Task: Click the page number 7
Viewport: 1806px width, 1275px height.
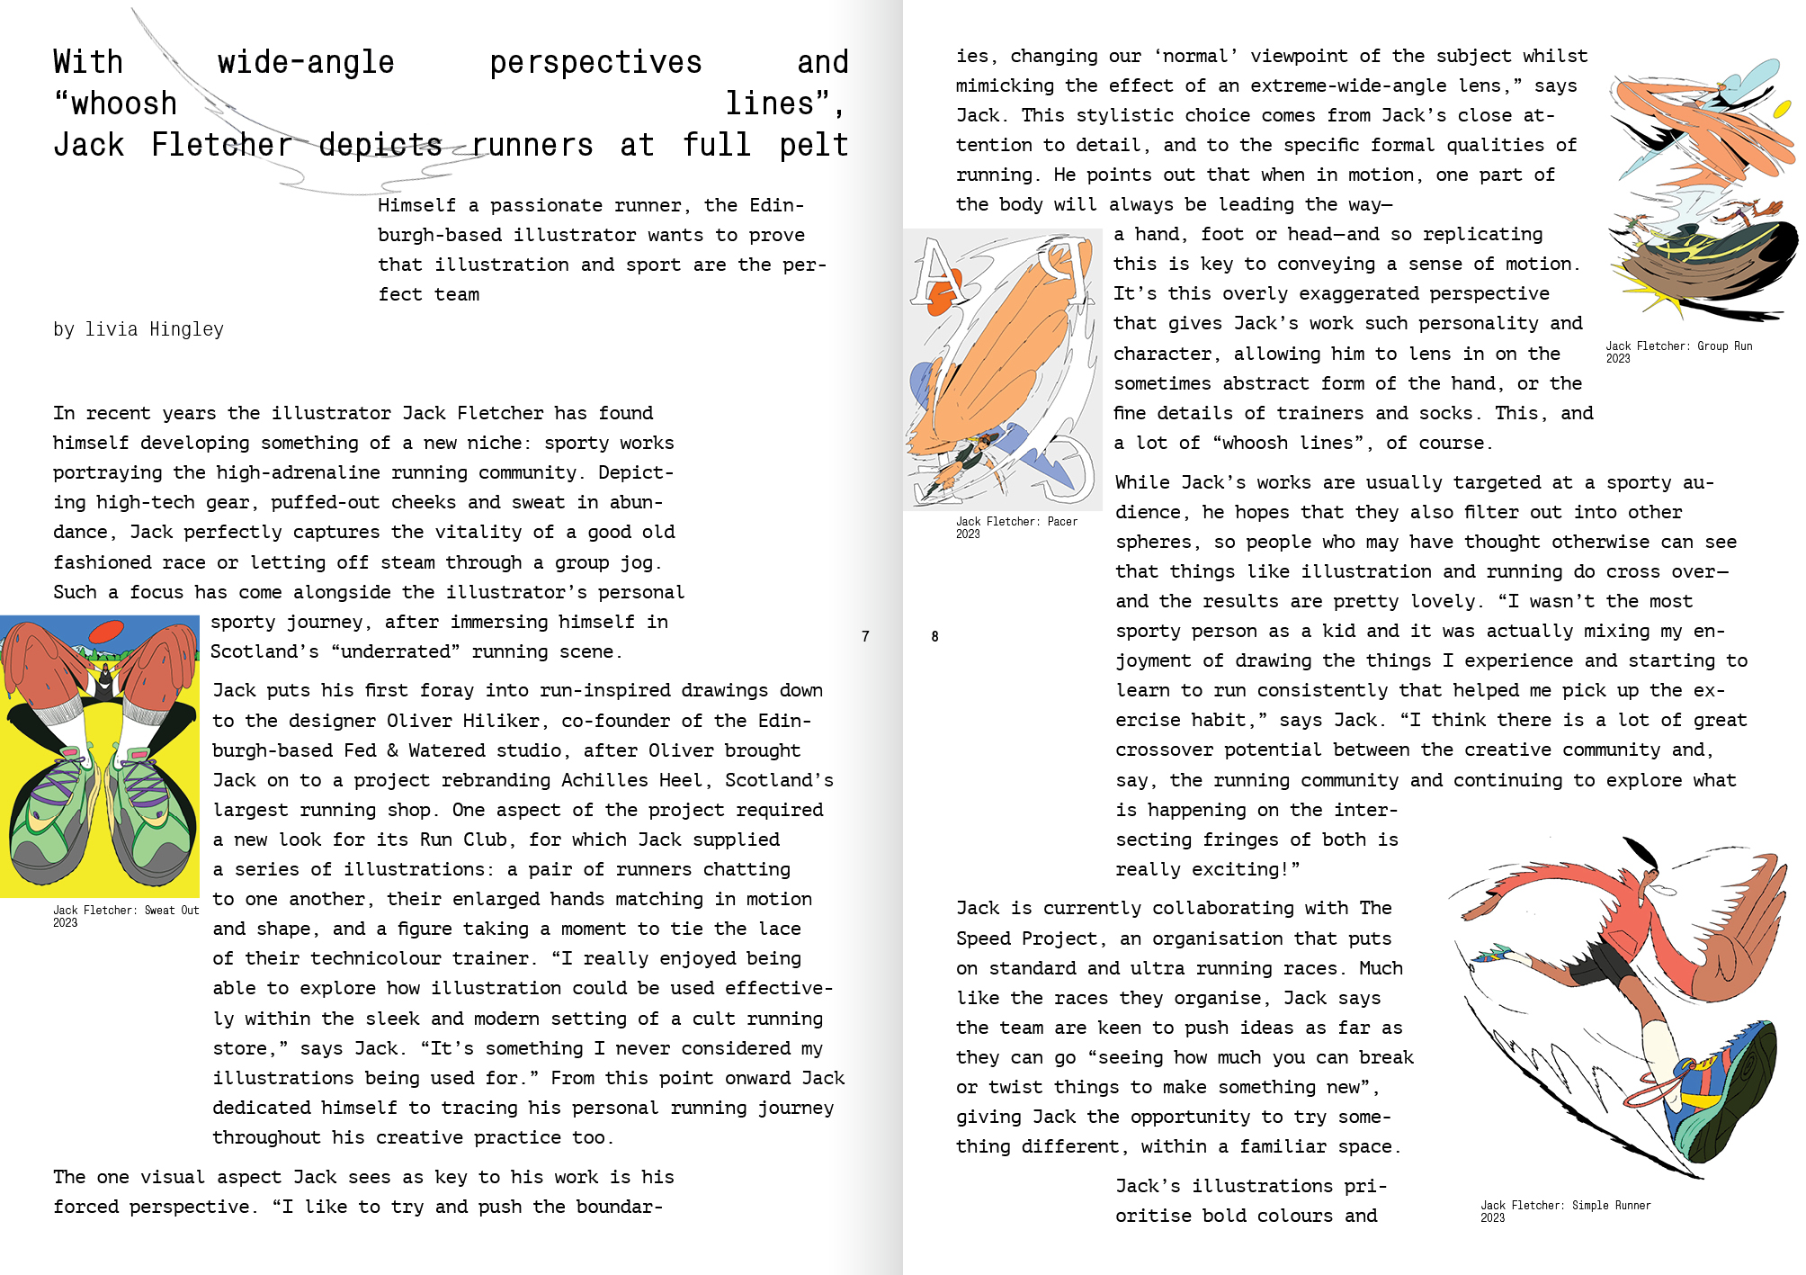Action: [865, 637]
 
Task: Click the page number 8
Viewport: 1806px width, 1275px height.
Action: [934, 637]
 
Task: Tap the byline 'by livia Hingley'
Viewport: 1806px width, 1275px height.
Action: [138, 329]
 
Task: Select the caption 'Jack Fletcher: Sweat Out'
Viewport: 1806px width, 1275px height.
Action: [125, 910]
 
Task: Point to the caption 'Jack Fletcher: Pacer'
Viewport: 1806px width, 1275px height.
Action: [1016, 521]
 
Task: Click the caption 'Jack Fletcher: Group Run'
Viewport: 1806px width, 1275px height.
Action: [1678, 346]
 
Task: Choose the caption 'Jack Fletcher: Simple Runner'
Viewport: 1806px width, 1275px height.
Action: [1565, 1205]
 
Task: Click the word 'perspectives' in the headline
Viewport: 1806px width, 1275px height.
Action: [595, 62]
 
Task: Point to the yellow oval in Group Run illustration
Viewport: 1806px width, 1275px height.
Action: [1781, 109]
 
